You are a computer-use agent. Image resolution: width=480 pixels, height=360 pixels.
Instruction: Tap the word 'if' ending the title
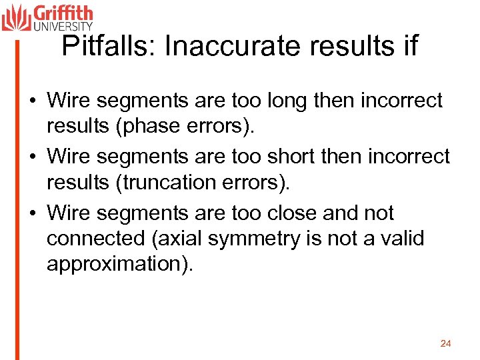pos(409,47)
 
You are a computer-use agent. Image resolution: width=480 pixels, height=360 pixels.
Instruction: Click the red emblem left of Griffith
pos(16,17)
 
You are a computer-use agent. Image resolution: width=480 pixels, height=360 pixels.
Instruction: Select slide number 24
pos(446,343)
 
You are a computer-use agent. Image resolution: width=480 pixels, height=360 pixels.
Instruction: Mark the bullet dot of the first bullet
pos(32,101)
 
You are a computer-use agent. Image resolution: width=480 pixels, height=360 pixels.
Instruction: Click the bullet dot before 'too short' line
pos(32,157)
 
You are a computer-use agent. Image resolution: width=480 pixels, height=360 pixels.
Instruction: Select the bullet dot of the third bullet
pos(32,214)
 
